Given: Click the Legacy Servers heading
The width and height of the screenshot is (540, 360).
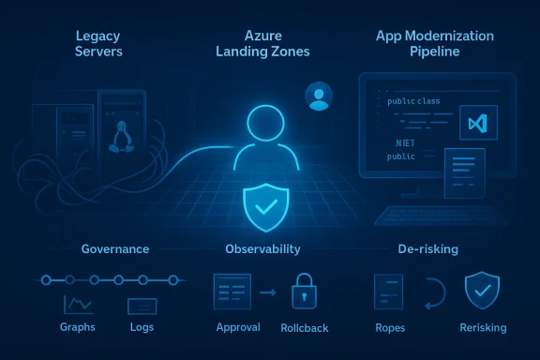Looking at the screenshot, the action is (97, 43).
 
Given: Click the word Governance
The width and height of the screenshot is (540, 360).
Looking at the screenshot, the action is (115, 249).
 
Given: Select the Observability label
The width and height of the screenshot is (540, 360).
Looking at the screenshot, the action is (262, 249).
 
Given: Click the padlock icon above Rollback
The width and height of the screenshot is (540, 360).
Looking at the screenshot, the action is (302, 292).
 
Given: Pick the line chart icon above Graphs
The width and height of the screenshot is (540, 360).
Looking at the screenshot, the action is (77, 305).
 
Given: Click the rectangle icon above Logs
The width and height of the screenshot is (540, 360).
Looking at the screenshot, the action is (142, 306).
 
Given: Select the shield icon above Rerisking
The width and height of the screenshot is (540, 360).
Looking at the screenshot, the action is (482, 292).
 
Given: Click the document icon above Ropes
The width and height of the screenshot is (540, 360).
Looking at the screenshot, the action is (387, 292).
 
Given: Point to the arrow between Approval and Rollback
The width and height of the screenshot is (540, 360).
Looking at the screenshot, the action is (267, 293).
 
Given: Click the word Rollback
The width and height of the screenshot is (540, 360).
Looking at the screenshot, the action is (302, 328).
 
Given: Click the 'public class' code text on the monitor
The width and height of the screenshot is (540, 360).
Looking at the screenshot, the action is (413, 101).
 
